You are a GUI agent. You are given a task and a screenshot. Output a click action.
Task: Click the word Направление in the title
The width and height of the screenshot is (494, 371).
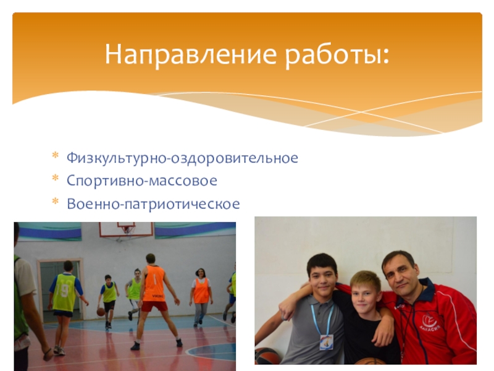[x=191, y=54]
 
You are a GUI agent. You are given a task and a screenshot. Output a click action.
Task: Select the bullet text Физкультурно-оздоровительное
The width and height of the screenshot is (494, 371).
[x=182, y=158]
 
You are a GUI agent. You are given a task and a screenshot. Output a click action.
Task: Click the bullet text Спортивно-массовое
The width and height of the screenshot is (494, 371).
[x=142, y=181]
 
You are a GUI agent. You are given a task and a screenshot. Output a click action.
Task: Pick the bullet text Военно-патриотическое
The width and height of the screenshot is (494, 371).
[x=153, y=203]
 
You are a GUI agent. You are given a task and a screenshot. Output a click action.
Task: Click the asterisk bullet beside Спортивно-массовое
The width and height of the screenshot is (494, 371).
[x=56, y=177]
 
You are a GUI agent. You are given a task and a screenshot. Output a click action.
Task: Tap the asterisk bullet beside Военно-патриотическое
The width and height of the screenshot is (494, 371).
[x=56, y=200]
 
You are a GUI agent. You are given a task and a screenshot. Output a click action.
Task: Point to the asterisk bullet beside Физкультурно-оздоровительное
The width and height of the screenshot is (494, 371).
[x=56, y=155]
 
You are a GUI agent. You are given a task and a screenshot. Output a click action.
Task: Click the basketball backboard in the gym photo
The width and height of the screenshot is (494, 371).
[x=127, y=229]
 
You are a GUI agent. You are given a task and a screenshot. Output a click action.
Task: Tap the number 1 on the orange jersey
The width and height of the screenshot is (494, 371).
[x=155, y=279]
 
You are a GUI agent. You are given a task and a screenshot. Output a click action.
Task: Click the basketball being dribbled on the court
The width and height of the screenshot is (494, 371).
[x=101, y=312]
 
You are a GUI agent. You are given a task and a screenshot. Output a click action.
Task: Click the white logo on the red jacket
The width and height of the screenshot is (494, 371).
[x=430, y=322]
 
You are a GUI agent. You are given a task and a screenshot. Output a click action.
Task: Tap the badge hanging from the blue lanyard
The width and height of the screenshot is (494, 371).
[x=326, y=342]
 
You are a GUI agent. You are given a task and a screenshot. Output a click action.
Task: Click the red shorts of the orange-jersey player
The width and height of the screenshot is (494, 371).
[x=154, y=305]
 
